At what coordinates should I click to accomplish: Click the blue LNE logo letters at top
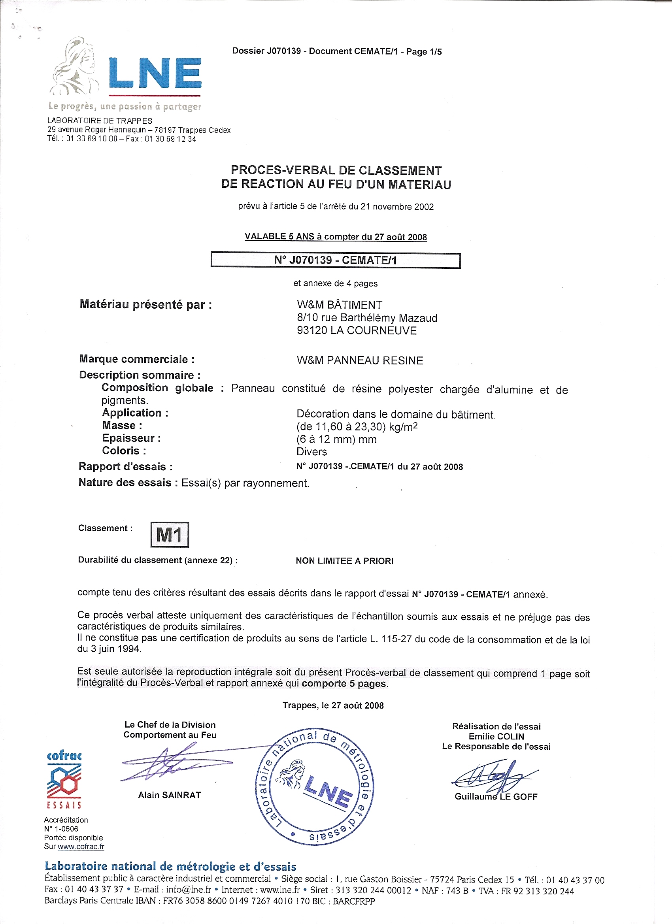[x=155, y=74]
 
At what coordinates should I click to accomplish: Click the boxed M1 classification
[x=170, y=534]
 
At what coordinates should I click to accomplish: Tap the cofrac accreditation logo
[x=64, y=780]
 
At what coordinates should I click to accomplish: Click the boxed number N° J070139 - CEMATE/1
[x=335, y=260]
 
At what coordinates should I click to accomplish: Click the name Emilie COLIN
[x=496, y=736]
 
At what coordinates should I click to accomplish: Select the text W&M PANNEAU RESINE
[x=360, y=360]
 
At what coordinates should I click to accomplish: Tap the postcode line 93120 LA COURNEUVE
[x=357, y=330]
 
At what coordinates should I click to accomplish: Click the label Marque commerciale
[x=136, y=359]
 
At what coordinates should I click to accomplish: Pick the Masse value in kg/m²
[x=357, y=426]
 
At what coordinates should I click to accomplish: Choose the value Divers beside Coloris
[x=312, y=451]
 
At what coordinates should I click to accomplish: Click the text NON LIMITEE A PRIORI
[x=344, y=560]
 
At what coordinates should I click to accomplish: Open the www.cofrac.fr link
[x=81, y=846]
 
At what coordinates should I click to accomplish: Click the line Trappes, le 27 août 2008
[x=333, y=705]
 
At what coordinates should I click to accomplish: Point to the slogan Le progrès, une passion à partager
[x=125, y=106]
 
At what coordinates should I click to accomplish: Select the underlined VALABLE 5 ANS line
[x=335, y=237]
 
